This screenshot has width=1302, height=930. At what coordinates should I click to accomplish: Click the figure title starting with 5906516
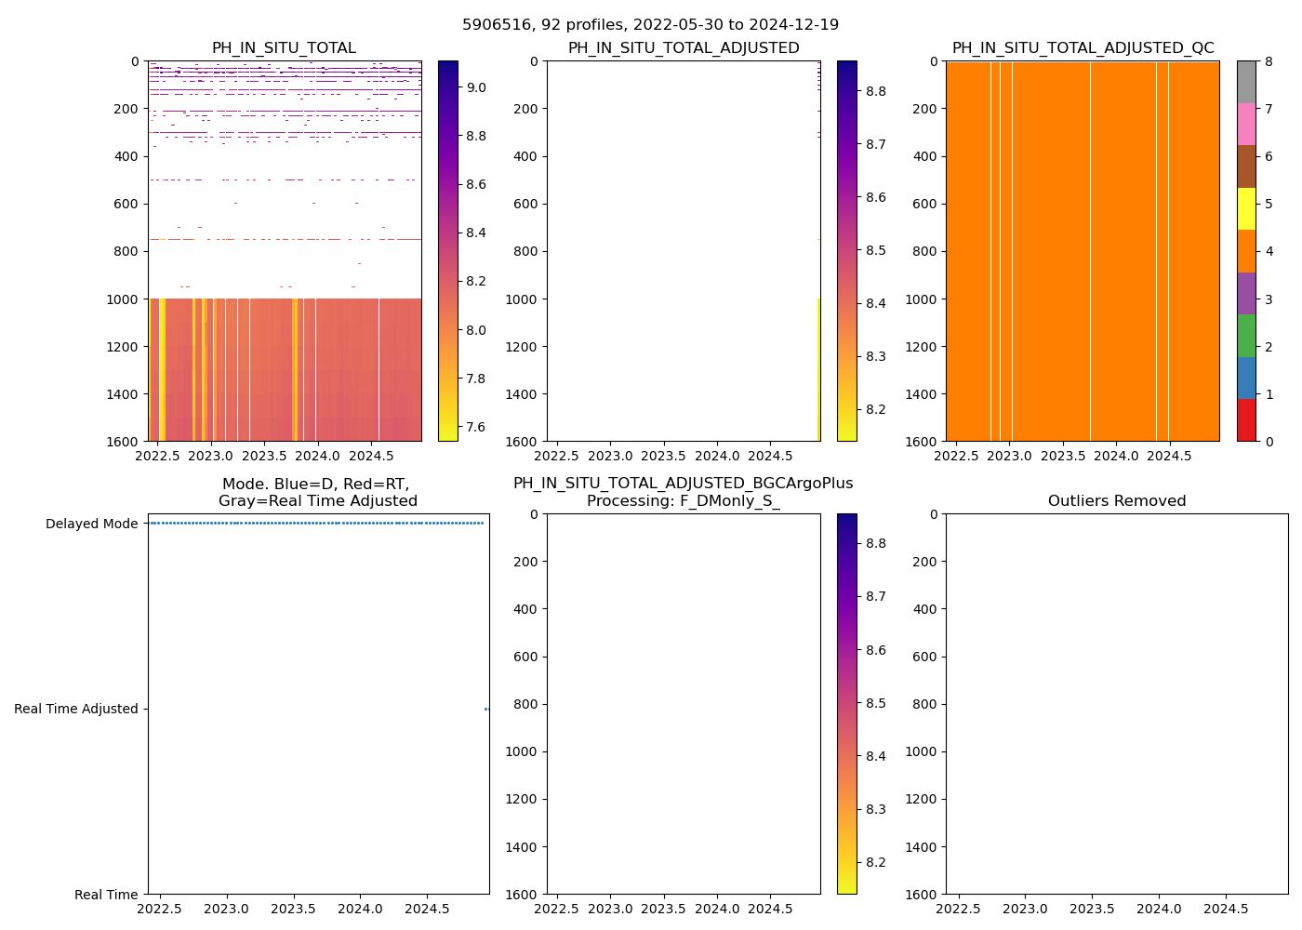tap(650, 25)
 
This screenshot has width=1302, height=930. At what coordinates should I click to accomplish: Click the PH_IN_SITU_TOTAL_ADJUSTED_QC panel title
tap(1083, 48)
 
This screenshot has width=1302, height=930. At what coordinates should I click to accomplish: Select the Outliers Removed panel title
tap(1117, 501)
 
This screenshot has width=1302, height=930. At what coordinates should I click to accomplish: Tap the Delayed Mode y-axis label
tap(91, 524)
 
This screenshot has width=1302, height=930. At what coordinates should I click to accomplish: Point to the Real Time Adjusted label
tap(75, 709)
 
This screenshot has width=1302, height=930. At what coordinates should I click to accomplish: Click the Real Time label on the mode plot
tap(106, 895)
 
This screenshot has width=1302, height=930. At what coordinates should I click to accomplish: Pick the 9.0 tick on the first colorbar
tap(476, 87)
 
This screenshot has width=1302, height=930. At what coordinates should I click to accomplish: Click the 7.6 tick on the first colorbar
tap(476, 427)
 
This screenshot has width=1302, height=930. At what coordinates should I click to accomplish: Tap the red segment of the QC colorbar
tap(1246, 420)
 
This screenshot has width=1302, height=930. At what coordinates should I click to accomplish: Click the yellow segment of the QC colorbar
tap(1246, 209)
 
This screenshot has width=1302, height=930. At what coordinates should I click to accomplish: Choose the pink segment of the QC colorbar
tap(1246, 125)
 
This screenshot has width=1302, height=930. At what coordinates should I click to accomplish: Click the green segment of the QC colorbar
tap(1246, 336)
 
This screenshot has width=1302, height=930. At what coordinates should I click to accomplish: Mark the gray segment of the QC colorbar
tap(1246, 82)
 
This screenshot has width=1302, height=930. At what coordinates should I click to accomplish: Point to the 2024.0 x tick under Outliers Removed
tap(1159, 909)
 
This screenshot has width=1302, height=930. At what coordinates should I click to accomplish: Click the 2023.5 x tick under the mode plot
tap(294, 909)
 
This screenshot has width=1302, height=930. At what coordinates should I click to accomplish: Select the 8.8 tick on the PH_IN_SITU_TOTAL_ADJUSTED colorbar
tap(875, 91)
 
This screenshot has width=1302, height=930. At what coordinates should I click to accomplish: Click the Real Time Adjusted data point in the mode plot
tap(486, 709)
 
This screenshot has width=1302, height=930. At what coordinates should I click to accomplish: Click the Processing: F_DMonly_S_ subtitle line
tap(683, 501)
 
